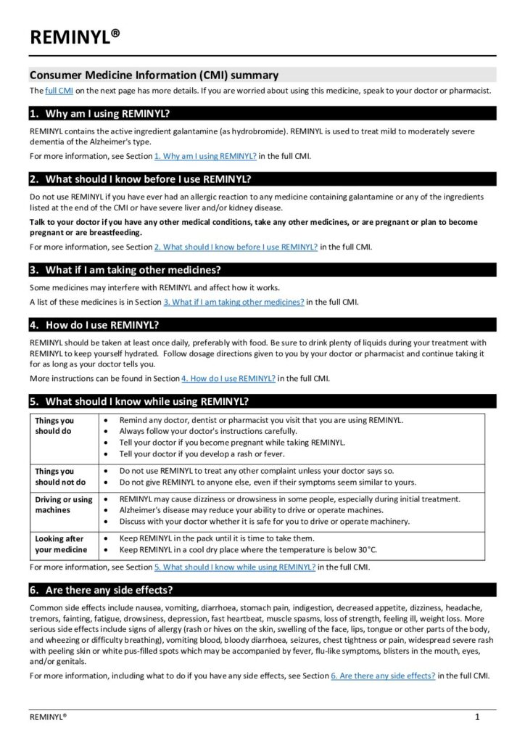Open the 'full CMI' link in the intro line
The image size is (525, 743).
click(x=59, y=91)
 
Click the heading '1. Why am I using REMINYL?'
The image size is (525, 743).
click(x=108, y=114)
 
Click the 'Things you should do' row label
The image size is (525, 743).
click(x=54, y=426)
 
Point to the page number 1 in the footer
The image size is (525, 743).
click(x=477, y=717)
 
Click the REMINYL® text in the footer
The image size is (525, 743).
click(x=48, y=717)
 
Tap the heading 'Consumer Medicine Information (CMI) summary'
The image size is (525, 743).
click(x=154, y=75)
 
